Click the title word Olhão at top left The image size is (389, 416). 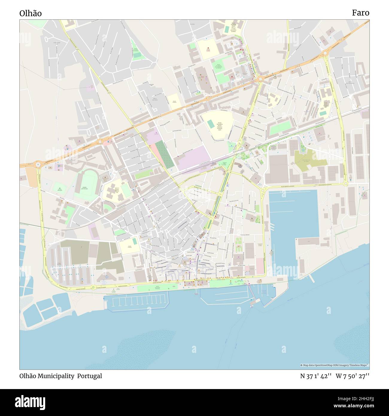[31, 13]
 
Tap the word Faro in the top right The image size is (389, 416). [360, 13]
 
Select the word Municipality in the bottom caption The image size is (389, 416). [56, 376]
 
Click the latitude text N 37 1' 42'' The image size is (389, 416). [315, 376]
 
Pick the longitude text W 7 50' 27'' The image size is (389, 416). [352, 376]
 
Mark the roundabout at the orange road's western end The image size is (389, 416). [38, 164]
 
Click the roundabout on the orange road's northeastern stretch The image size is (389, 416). [325, 53]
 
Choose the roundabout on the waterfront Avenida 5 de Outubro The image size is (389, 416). [93, 288]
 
